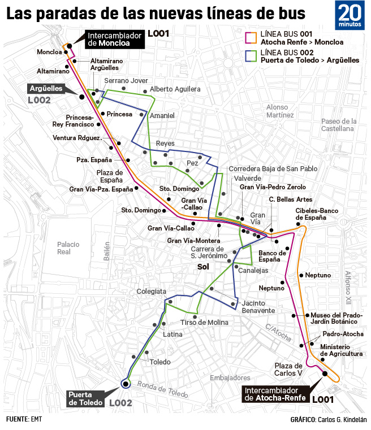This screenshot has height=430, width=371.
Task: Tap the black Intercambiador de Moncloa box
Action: (x=115, y=38)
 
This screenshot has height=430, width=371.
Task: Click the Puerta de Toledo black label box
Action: (x=86, y=398)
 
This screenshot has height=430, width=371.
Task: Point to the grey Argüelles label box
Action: (x=47, y=89)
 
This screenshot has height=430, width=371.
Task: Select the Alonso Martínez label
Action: (x=280, y=111)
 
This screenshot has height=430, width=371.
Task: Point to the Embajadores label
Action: (x=230, y=377)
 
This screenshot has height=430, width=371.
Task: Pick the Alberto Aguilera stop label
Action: (x=175, y=89)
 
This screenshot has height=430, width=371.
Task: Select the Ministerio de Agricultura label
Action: (x=341, y=350)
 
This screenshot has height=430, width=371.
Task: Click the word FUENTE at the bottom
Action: (x=17, y=419)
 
